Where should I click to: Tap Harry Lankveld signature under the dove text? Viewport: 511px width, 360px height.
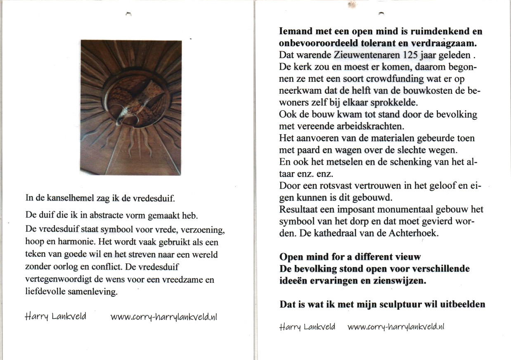tap(55, 317)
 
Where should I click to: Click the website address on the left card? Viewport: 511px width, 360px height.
tap(164, 317)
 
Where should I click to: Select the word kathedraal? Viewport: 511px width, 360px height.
tap(329, 233)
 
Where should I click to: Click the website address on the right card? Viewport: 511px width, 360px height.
tap(396, 327)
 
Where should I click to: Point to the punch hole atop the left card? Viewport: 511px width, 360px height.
tap(128, 14)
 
